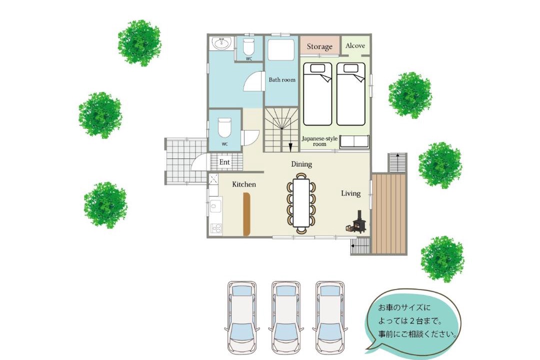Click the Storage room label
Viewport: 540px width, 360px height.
pos(319,46)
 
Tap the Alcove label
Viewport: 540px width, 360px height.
pos(355,45)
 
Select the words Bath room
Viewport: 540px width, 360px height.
pos(282,79)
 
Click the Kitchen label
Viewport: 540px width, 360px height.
pos(244,184)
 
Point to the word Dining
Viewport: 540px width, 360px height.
pos(301,164)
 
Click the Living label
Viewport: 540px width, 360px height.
pos(350,193)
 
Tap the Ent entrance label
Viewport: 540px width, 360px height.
pos(224,162)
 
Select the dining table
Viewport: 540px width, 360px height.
pos(301,202)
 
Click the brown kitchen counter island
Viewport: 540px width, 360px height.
pos(246,214)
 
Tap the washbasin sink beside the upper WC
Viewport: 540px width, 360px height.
pos(221,43)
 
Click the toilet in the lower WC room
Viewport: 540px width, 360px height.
pos(224,127)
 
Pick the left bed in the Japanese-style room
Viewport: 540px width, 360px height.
pos(317,94)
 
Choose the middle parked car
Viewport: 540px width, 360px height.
pos(286,316)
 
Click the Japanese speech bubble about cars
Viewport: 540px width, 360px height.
pos(413,320)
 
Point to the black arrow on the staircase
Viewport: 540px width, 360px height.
pos(290,147)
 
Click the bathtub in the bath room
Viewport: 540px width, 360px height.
pos(281,49)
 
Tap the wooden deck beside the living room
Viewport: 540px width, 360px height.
pos(389,213)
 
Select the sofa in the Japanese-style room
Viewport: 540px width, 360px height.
pos(354,142)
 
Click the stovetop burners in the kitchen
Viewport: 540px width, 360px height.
pos(216,227)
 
